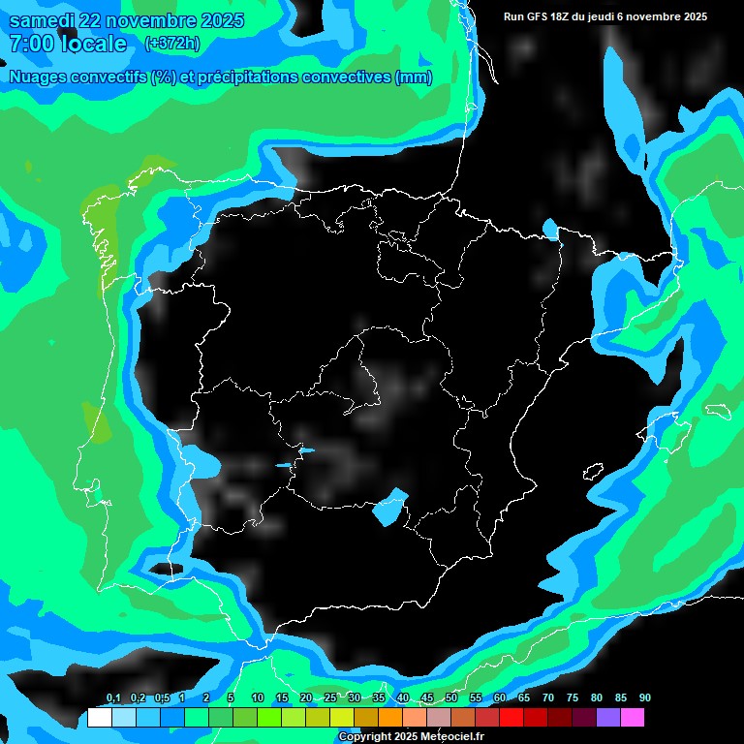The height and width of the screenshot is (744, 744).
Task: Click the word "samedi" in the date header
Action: coord(41,21)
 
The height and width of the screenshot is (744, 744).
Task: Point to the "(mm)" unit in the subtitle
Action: coord(414,77)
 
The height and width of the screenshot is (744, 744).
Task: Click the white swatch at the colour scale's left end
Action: coord(100,718)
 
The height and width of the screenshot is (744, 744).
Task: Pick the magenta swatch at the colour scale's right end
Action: coord(633,718)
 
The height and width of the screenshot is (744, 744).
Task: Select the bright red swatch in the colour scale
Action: coord(511,718)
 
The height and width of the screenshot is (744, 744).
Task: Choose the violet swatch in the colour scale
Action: coord(608,718)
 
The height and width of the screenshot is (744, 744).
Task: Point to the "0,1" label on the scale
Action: coord(113,698)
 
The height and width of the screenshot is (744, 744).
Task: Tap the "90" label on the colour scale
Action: coord(644,698)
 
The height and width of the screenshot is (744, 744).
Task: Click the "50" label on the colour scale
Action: coord(451,698)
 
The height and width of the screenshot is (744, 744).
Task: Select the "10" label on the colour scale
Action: coord(258,698)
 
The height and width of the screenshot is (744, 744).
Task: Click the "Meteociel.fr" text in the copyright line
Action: coord(451,737)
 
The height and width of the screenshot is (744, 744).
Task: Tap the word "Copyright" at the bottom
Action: coord(364,737)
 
